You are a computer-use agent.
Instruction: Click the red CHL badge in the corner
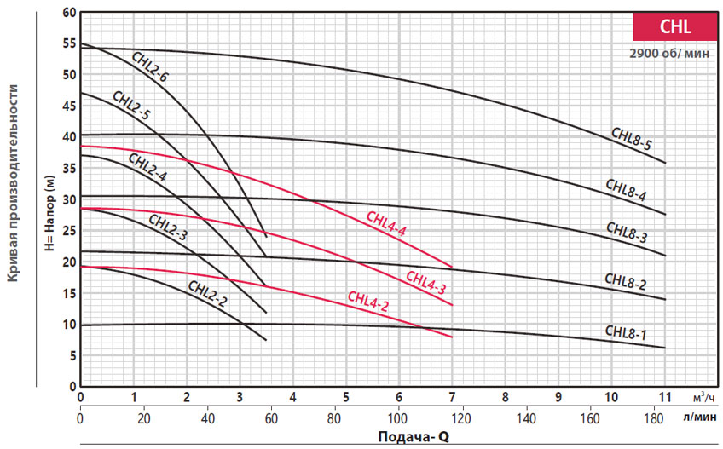click(675, 26)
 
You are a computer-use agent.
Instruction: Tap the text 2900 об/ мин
click(669, 54)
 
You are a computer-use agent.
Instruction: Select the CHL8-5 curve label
click(631, 138)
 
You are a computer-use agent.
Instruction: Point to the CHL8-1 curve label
click(626, 332)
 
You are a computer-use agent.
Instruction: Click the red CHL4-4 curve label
click(386, 223)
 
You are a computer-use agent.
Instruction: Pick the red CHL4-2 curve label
click(368, 302)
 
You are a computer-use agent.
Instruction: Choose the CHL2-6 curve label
click(150, 66)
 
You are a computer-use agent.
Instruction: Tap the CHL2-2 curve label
click(207, 294)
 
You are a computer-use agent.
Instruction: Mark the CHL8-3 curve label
click(627, 232)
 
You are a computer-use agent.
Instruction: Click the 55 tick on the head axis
click(70, 43)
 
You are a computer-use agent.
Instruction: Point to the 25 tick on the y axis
click(70, 231)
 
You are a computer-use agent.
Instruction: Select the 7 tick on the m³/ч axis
click(453, 397)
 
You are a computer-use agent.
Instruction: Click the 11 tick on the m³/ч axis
click(665, 397)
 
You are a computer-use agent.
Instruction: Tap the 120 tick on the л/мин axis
click(461, 418)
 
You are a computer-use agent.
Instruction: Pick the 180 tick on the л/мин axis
click(653, 418)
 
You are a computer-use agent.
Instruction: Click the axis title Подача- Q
click(414, 436)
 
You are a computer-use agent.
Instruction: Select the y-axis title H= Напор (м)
click(49, 213)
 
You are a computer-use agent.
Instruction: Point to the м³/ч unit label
click(704, 397)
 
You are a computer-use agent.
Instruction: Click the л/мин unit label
click(700, 417)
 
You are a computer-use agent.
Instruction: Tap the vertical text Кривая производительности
click(13, 183)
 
